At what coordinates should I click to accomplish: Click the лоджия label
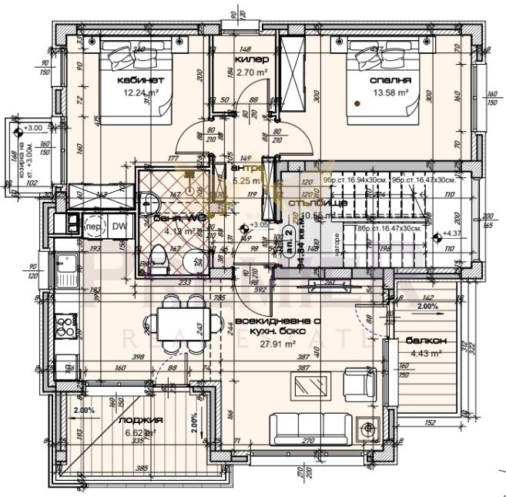[x=141, y=421]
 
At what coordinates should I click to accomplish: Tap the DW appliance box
[x=119, y=227]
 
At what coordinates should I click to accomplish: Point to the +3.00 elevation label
[x=32, y=128]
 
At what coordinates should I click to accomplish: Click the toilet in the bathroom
[x=157, y=257]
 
